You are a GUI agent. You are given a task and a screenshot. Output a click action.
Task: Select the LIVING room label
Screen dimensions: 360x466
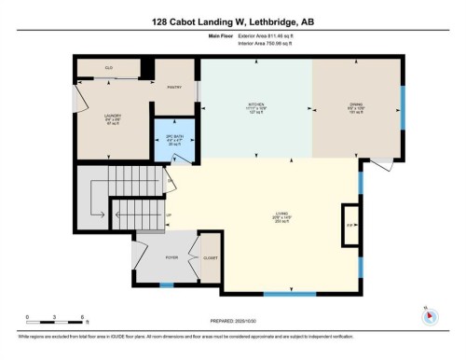(265, 225)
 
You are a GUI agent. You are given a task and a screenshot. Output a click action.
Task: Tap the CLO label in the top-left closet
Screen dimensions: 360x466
(109, 68)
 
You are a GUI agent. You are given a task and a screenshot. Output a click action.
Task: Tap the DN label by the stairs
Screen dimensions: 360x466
(171, 181)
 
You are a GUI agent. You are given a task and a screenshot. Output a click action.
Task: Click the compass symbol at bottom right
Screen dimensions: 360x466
(428, 314)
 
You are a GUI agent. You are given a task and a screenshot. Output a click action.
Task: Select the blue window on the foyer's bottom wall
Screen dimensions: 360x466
(166, 284)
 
